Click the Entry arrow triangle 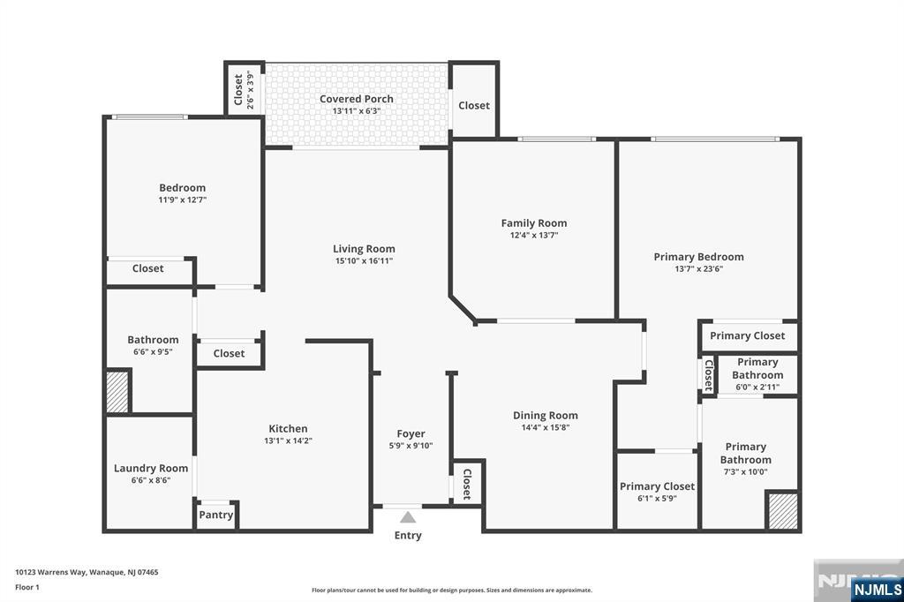tap(407, 517)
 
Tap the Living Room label tap(364, 249)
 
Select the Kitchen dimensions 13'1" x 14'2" tap(288, 440)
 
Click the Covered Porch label tap(357, 99)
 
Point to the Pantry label tap(216, 515)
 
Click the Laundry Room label tap(151, 468)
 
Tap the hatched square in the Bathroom tap(117, 391)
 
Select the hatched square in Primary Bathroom tap(781, 512)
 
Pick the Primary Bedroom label tap(698, 257)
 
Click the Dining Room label tap(546, 416)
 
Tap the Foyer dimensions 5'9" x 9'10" tap(411, 446)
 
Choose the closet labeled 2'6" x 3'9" tap(244, 89)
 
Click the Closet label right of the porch tap(474, 105)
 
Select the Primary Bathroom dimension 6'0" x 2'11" tap(757, 387)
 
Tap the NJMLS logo tap(877, 589)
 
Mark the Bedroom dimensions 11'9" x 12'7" tap(183, 200)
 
